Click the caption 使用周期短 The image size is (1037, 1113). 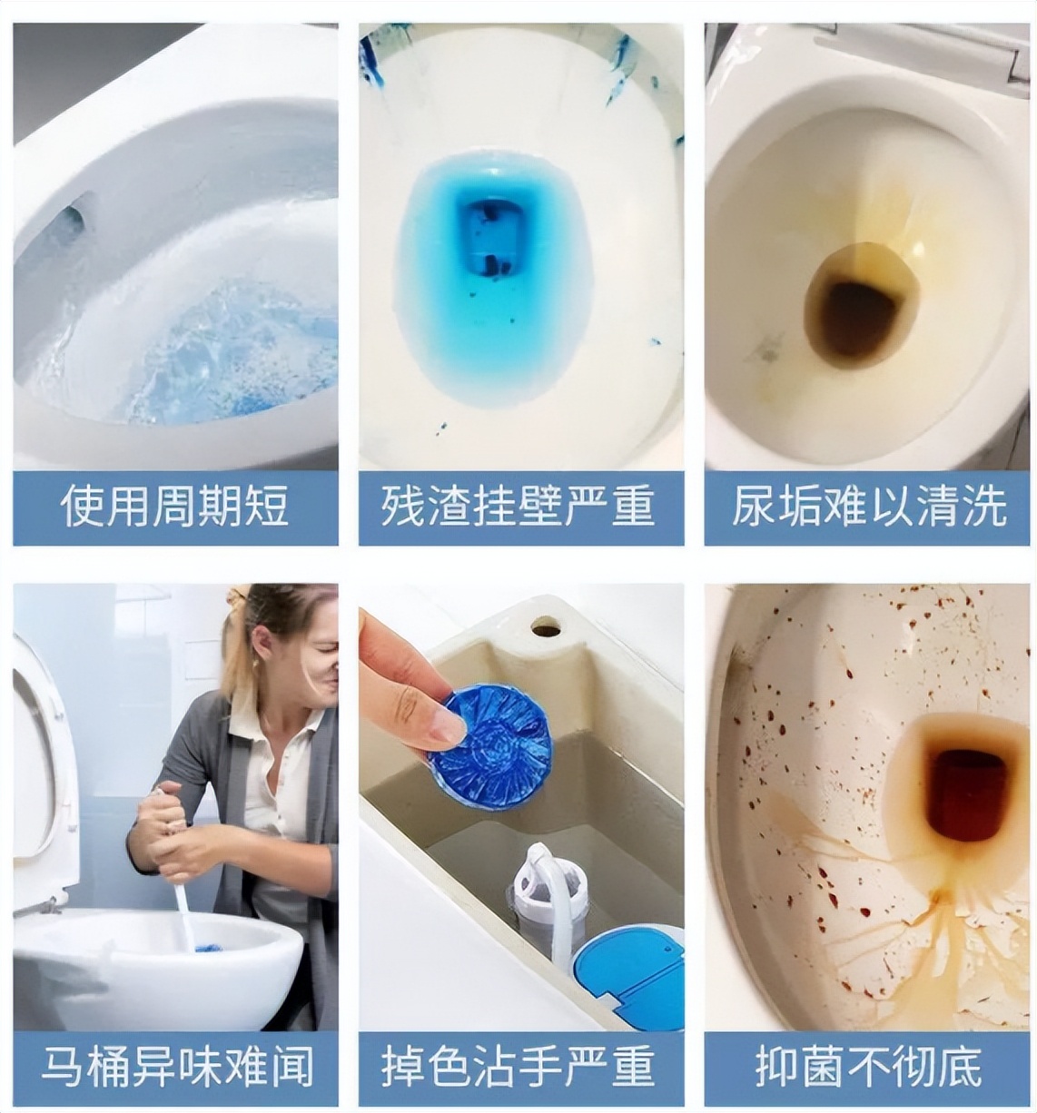pyautogui.click(x=175, y=507)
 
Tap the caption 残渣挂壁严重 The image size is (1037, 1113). pyautogui.click(x=520, y=507)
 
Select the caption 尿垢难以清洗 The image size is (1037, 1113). pyautogui.click(x=869, y=507)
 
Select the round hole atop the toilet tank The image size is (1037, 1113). pyautogui.click(x=546, y=626)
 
